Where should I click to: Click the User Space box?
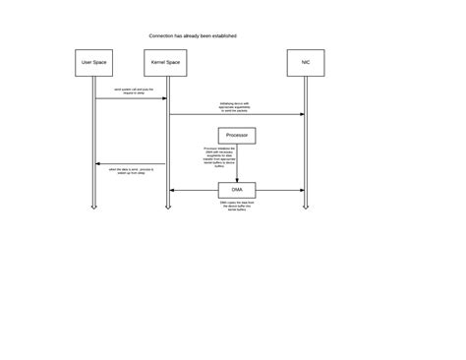pos(93,63)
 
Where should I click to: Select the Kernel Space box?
pos(165,63)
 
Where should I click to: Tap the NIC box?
pos(306,63)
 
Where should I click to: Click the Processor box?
pos(237,135)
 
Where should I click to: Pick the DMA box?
pos(237,190)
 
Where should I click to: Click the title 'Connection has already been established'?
pos(193,35)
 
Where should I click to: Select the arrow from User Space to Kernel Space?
pos(131,98)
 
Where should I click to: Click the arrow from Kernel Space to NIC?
pos(236,114)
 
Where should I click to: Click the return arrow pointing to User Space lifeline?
pos(131,163)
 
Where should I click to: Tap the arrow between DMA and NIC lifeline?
pos(280,190)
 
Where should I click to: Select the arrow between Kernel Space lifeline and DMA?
pos(194,190)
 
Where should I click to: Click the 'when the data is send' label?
pos(131,171)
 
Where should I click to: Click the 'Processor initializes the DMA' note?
pos(219,157)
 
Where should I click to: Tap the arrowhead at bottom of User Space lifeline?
pos(94,207)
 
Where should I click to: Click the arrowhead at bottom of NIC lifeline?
pos(306,207)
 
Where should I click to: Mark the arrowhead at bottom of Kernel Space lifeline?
pos(168,207)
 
